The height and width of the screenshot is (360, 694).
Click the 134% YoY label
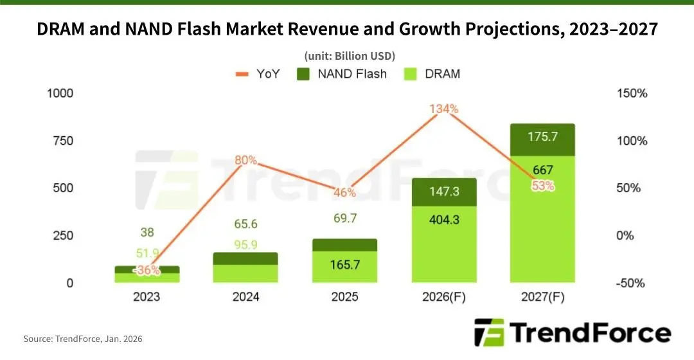[x=444, y=109]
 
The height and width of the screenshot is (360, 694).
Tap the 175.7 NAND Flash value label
[x=542, y=136]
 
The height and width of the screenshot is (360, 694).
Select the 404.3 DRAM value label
[x=444, y=220]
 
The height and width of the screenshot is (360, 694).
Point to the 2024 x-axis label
[x=245, y=296]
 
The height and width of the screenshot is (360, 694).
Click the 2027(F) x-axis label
[x=542, y=296]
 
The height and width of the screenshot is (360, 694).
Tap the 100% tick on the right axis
[x=632, y=141]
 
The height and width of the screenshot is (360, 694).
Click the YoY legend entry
[x=258, y=74]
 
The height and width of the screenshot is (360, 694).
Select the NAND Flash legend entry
[x=342, y=74]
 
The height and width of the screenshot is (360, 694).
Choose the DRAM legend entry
[x=432, y=74]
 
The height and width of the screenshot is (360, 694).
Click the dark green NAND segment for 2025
[x=345, y=246]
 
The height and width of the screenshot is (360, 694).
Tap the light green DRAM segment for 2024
[x=245, y=274]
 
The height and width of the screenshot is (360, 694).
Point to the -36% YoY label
[x=147, y=269]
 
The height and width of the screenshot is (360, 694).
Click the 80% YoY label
[x=245, y=160]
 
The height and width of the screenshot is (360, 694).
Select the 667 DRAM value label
[x=542, y=170]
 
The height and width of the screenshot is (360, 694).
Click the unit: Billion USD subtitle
[x=350, y=56]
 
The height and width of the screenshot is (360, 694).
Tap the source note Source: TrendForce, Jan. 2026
[x=83, y=339]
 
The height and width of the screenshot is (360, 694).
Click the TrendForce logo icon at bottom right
[x=489, y=332]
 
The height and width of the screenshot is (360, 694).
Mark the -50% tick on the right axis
[x=630, y=283]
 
